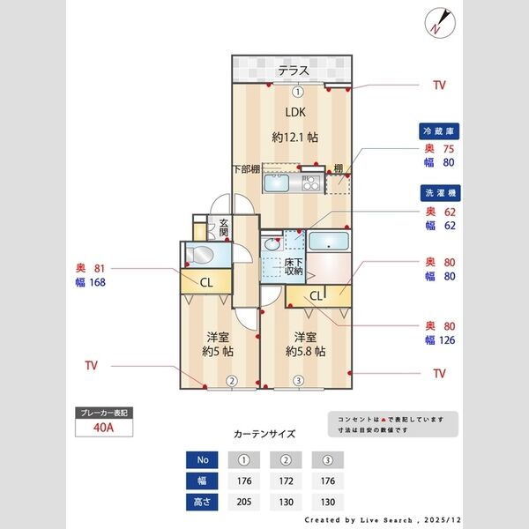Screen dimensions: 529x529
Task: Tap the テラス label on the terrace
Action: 293,71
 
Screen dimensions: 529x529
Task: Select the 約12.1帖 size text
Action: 294,138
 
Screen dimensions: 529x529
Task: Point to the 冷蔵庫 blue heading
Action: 440,131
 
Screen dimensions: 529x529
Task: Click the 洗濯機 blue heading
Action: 440,192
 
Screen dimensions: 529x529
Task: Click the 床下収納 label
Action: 294,267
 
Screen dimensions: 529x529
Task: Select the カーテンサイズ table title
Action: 264,434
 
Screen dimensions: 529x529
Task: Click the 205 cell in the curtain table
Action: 243,502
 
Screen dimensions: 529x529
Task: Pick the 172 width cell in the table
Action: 286,481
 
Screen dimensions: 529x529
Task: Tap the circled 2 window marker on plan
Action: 231,382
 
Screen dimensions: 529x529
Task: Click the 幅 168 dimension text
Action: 92,283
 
